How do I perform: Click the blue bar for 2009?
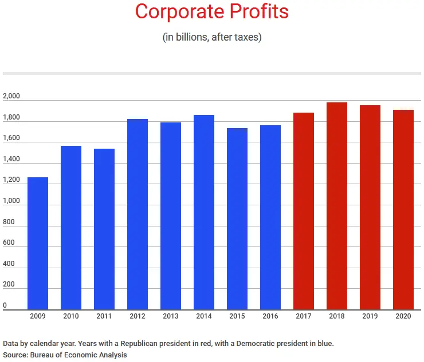(38, 243)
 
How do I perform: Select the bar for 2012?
(138, 214)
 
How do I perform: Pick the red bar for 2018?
(337, 206)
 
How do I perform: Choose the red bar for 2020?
(403, 209)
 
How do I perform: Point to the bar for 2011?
(104, 229)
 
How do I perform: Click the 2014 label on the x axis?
(204, 316)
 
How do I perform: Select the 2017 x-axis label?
(304, 316)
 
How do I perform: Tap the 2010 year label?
(71, 316)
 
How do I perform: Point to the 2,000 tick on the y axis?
(11, 97)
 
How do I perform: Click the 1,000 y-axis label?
(11, 201)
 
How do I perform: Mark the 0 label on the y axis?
(5, 306)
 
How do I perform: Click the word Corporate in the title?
(175, 11)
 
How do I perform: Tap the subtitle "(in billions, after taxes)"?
(212, 37)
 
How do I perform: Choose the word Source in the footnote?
(15, 355)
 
